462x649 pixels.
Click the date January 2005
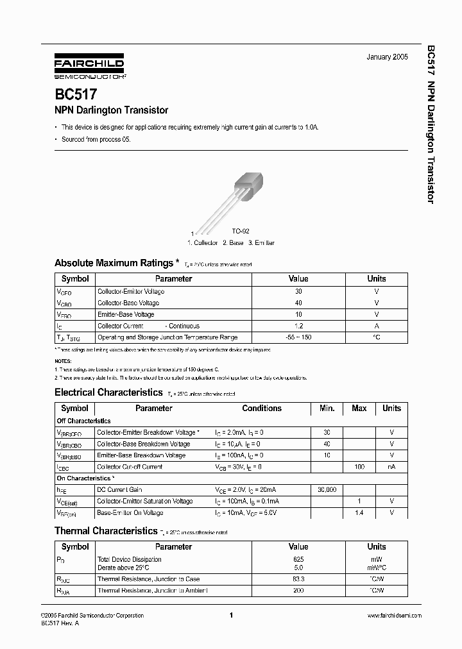point(387,58)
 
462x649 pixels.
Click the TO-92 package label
point(240,231)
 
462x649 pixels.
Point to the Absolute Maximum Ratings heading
point(114,263)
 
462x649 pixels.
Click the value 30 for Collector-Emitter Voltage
point(298,291)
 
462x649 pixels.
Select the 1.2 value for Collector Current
point(298,326)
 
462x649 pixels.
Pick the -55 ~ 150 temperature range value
point(298,337)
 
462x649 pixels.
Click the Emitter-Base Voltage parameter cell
point(126,314)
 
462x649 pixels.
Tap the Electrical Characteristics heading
point(108,392)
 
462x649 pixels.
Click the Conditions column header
point(262,409)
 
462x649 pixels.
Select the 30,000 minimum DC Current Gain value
point(327,490)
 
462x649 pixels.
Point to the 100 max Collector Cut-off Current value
point(359,467)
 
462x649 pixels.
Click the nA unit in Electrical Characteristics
point(391,467)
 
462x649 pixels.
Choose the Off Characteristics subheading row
point(84,421)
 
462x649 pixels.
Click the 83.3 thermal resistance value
point(298,579)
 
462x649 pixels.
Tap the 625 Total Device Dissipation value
point(298,559)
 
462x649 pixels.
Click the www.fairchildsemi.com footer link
point(394,616)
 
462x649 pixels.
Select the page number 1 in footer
point(230,616)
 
